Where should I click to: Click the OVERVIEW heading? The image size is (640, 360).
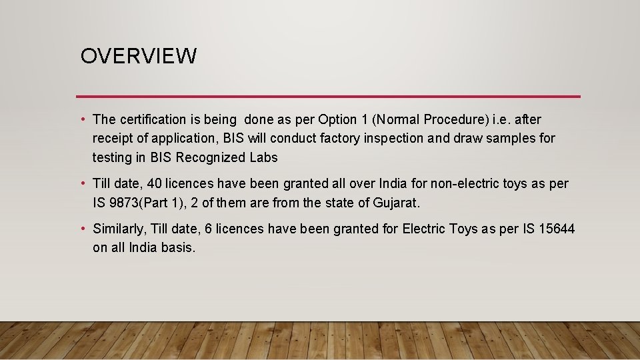pyautogui.click(x=139, y=57)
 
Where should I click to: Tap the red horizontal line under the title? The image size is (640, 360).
pyautogui.click(x=328, y=97)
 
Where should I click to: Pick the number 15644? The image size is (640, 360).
pyautogui.click(x=556, y=229)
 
